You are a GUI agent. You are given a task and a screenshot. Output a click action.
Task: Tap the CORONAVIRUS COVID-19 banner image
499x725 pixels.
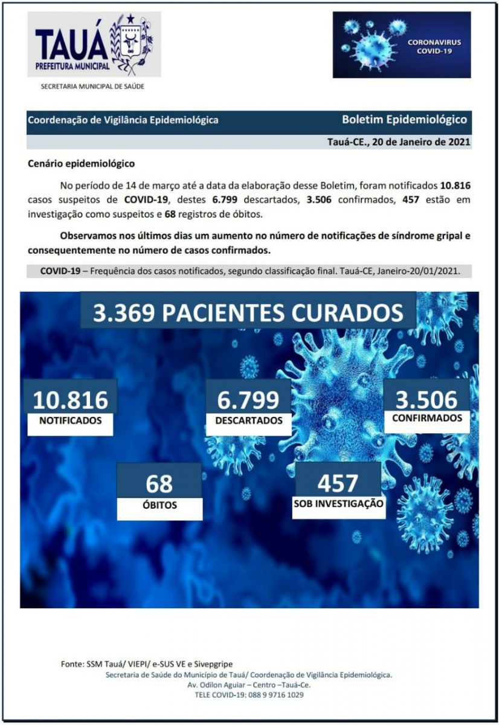pos(401,45)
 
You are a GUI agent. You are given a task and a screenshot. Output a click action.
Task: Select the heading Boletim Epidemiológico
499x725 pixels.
pos(404,120)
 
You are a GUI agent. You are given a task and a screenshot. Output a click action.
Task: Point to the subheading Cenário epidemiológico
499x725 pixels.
pos(82,163)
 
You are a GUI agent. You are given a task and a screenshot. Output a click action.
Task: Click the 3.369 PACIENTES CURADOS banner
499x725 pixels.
pos(248,312)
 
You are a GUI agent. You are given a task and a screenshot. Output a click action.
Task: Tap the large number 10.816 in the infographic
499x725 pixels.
pos(70,399)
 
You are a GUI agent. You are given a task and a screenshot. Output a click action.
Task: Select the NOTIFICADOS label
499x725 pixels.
pos(70,420)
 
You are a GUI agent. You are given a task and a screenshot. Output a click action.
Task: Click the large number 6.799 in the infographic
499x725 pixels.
pos(248,399)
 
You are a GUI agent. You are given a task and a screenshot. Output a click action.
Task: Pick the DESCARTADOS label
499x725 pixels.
pos(248,420)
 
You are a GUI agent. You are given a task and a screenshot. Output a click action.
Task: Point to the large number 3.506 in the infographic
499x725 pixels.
pos(427,399)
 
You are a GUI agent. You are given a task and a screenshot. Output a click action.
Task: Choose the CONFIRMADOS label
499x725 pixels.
pos(427,418)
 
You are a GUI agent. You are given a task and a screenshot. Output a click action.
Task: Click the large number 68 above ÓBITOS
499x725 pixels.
pos(159,483)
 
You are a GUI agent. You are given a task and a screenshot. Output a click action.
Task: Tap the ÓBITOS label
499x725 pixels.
pos(159,505)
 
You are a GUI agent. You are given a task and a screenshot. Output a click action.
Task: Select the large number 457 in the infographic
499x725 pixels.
pos(338,482)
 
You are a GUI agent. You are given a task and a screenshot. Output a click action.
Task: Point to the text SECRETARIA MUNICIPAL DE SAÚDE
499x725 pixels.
pos(92,86)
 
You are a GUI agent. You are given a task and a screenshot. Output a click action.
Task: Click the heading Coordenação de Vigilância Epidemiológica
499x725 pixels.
pos(123,120)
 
